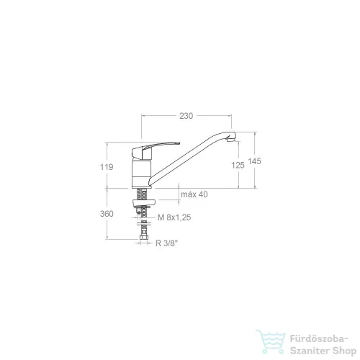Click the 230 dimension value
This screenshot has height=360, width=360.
186,116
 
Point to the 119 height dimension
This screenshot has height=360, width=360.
107,167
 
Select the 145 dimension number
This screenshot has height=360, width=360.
254,161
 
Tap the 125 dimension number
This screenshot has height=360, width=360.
238,165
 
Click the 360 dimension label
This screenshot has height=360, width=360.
107,214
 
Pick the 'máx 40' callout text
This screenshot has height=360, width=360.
194,194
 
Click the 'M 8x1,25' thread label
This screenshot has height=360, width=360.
174,217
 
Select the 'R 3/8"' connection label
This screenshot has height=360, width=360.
167,243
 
